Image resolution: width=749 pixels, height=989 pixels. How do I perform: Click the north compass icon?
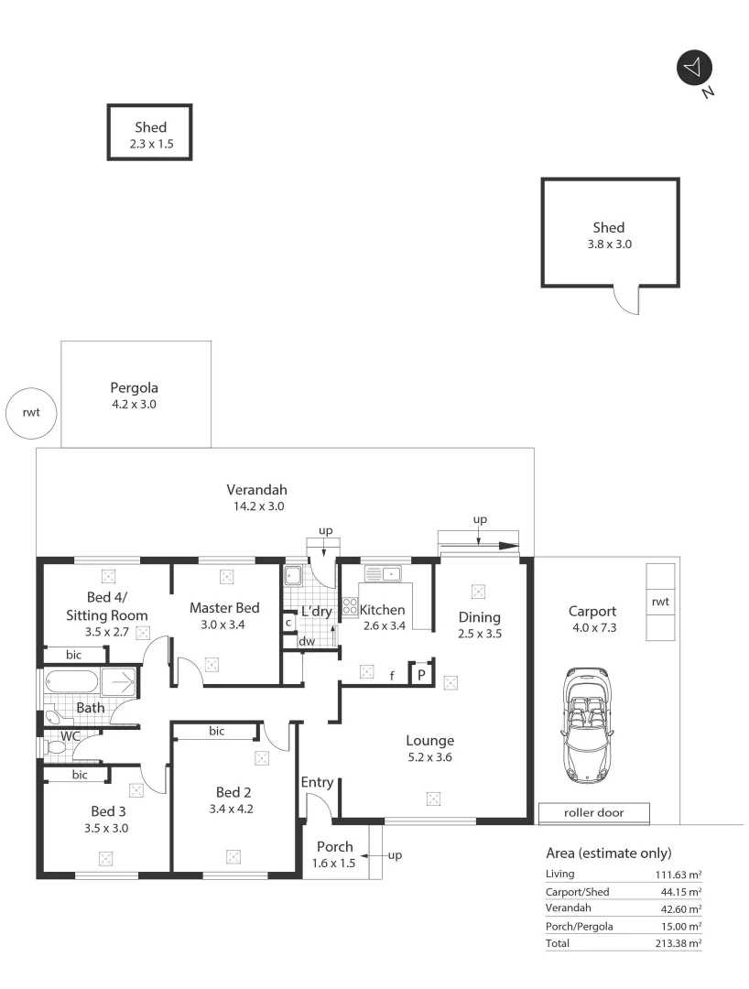(x=694, y=68)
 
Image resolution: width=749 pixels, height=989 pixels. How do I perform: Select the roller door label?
(x=594, y=813)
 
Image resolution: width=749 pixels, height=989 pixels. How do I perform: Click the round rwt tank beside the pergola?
(x=32, y=412)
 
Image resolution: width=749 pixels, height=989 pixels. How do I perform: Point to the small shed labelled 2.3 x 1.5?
(x=150, y=134)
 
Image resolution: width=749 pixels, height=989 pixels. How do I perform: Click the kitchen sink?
(x=384, y=574)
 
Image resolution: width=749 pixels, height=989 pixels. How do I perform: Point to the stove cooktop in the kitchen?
(x=350, y=606)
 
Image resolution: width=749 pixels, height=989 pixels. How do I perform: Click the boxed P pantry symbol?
(x=421, y=674)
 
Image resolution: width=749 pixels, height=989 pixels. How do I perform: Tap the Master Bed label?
(x=224, y=607)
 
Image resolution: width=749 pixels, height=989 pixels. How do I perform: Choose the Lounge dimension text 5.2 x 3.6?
(x=430, y=757)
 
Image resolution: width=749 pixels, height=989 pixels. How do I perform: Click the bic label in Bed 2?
(x=217, y=731)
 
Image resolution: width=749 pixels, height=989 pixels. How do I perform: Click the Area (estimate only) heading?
(x=608, y=853)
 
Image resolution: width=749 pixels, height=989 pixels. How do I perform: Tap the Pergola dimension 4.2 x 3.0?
(x=134, y=403)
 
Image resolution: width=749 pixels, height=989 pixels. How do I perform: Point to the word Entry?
(x=317, y=782)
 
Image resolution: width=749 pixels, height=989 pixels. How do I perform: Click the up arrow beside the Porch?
(x=389, y=855)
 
